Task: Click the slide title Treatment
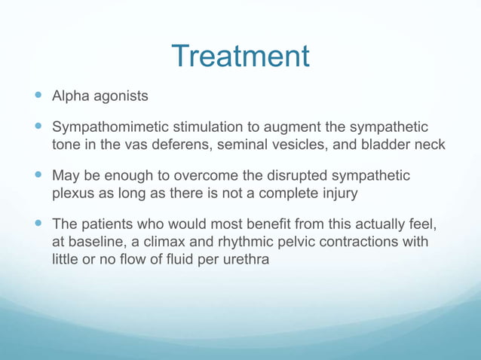[x=240, y=56]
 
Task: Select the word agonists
[x=121, y=96]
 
